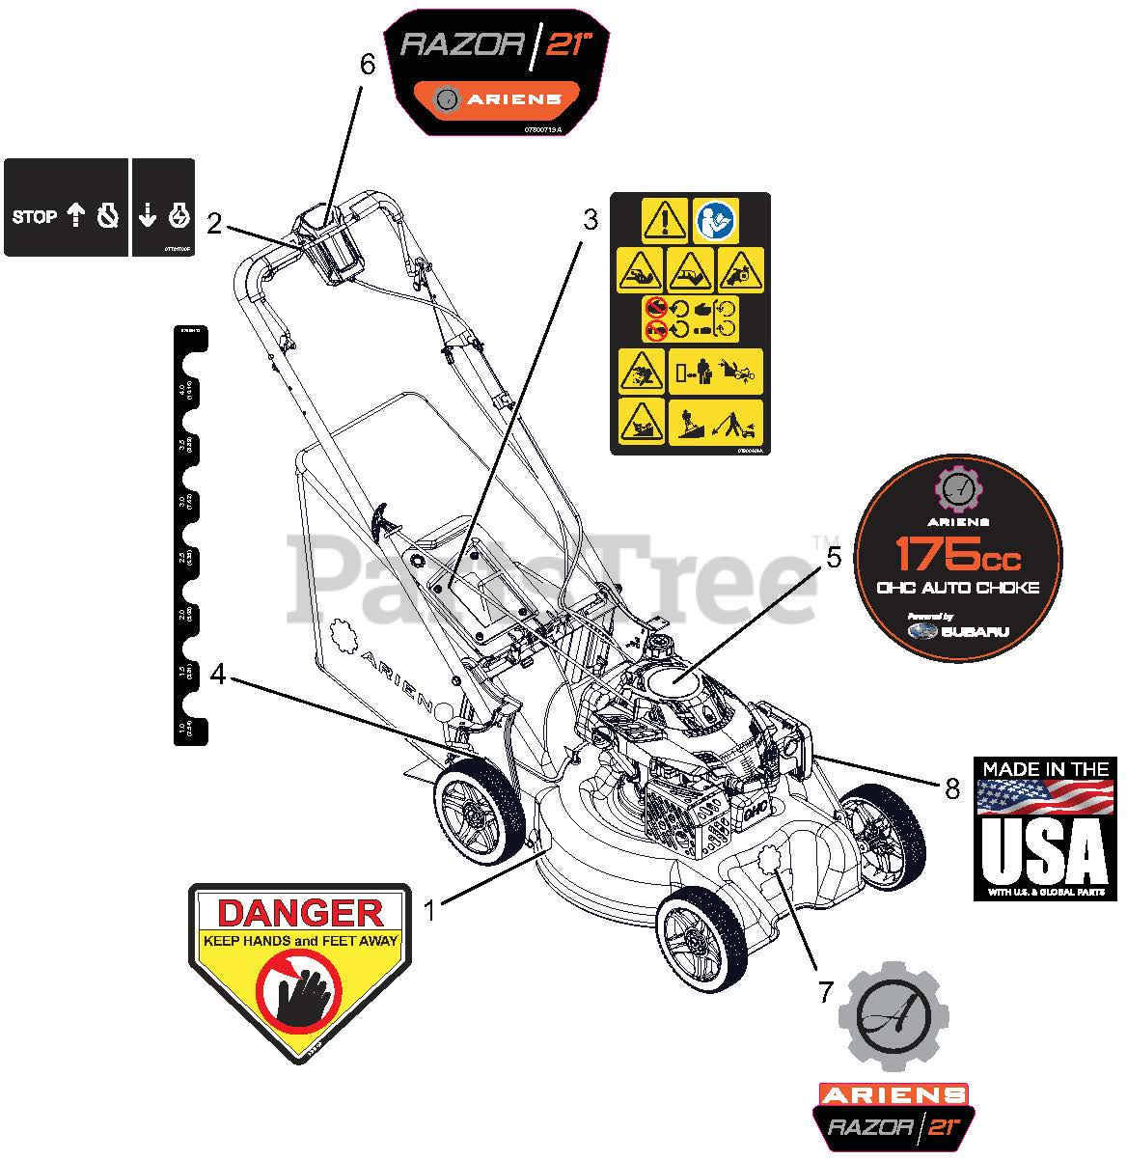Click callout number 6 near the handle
[367, 66]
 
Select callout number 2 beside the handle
[215, 224]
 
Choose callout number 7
[826, 991]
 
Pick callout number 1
[430, 907]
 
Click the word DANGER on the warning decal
[298, 913]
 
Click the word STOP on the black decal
[35, 217]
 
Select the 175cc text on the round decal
[958, 554]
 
